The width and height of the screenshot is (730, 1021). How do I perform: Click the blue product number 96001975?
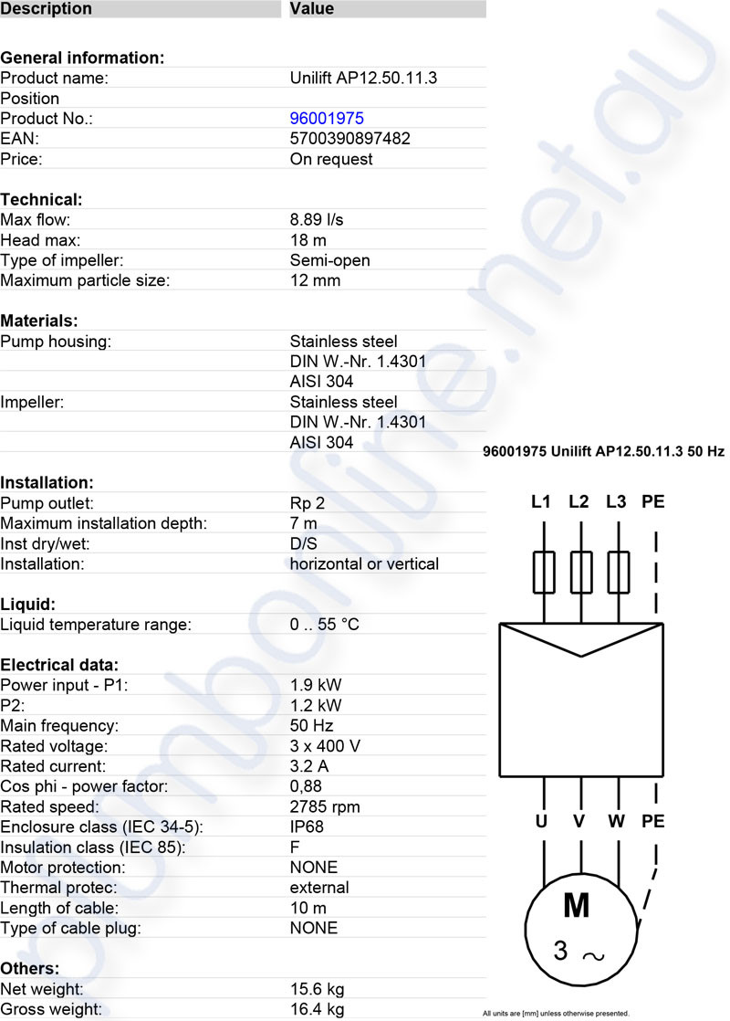[327, 119]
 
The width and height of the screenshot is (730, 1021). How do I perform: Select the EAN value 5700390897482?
[349, 139]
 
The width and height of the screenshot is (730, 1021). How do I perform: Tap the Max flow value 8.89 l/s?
[316, 220]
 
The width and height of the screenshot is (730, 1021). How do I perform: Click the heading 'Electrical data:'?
[59, 665]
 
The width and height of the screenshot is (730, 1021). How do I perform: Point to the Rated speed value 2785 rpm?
[325, 806]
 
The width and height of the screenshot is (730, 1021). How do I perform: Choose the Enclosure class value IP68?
[307, 826]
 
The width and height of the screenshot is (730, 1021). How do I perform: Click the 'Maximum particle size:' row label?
[85, 280]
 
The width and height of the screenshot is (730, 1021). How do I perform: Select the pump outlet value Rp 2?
[308, 503]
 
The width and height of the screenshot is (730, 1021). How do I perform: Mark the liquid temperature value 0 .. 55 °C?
[324, 625]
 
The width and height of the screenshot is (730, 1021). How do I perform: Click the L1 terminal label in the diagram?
[541, 501]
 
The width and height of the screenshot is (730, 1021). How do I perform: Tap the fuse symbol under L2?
[580, 573]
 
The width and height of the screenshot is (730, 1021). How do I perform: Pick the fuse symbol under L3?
[618, 573]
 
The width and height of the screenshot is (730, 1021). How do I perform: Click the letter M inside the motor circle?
[577, 904]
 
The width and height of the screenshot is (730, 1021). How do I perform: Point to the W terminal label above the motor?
[617, 821]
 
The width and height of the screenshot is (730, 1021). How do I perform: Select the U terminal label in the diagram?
[541, 821]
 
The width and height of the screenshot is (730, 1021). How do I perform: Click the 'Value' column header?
[312, 9]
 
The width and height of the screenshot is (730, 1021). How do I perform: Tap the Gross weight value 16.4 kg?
[317, 1009]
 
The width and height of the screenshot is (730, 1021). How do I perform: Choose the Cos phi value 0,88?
[306, 786]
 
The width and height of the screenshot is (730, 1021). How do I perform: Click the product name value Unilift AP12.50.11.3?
[363, 79]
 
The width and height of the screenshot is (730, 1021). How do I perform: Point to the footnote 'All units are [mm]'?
[556, 1013]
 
